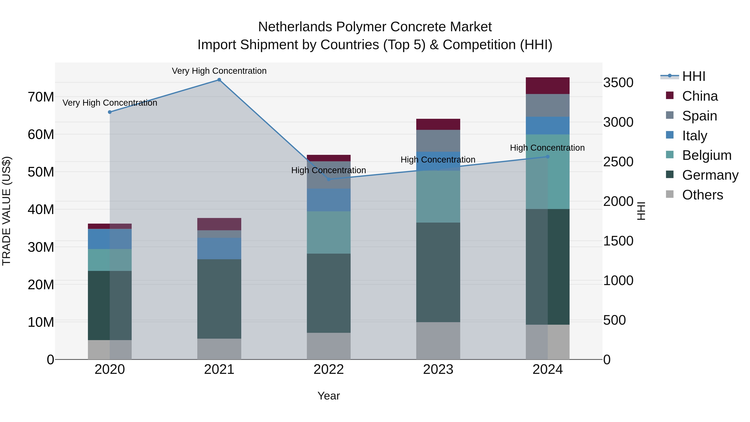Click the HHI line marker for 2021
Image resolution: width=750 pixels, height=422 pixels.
click(219, 80)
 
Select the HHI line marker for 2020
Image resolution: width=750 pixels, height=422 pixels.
click(110, 112)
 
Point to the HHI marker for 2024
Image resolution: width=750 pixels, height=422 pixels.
click(548, 157)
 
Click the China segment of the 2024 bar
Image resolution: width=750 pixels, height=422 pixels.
click(548, 86)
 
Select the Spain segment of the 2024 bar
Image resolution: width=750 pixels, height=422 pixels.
click(548, 105)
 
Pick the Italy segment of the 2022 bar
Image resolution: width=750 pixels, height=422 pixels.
click(329, 200)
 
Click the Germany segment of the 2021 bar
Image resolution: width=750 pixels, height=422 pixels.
click(219, 299)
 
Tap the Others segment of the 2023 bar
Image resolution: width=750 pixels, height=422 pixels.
click(438, 341)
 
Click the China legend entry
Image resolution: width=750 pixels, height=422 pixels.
click(700, 96)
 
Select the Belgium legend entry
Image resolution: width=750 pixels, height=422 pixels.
click(707, 155)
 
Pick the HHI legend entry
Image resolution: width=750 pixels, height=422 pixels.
click(694, 76)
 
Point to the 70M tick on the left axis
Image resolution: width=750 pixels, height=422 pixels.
click(41, 97)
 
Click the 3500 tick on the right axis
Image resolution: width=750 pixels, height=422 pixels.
click(618, 83)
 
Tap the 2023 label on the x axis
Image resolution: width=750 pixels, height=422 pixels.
click(438, 369)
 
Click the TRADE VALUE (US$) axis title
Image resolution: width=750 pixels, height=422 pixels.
click(6, 211)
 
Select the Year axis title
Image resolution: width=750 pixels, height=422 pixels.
click(329, 396)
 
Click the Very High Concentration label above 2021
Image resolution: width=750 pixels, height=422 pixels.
click(219, 71)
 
